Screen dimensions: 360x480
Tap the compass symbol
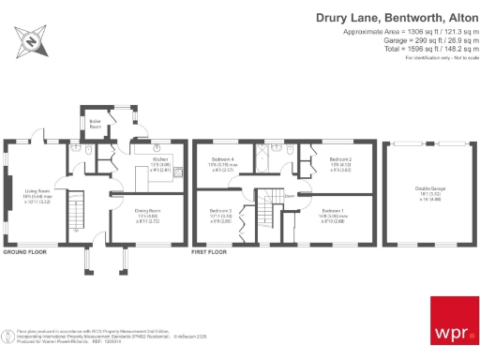(29, 42)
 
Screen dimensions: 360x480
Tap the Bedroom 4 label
(224, 160)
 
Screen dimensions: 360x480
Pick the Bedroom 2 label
(340, 160)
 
